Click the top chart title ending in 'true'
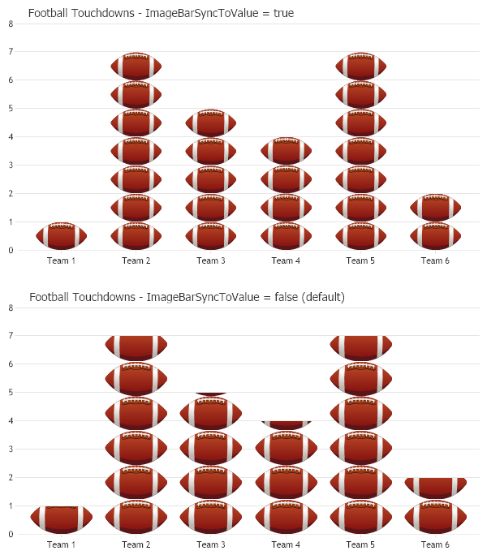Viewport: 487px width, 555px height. [161, 13]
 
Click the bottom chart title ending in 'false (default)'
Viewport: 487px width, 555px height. [187, 297]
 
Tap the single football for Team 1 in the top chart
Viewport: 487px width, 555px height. [62, 236]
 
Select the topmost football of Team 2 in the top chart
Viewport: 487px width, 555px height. [136, 67]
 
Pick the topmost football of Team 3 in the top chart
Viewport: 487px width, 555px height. [211, 123]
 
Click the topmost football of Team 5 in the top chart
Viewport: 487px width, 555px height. [360, 67]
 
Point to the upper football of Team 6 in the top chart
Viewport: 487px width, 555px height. [435, 208]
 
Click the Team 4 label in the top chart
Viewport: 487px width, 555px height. [286, 260]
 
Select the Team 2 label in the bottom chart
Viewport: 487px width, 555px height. [136, 544]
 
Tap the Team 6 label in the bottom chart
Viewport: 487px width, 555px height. [435, 544]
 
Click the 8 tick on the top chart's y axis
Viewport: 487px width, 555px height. [11, 24]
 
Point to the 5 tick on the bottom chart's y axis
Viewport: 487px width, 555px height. [11, 393]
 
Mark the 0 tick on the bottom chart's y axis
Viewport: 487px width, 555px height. [11, 534]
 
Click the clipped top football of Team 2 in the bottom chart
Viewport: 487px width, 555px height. [136, 347]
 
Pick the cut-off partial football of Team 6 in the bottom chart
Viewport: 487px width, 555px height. [435, 487]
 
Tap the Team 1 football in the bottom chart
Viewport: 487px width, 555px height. [62, 518]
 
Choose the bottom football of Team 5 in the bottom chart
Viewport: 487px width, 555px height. [360, 517]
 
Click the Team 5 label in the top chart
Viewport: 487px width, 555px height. [360, 260]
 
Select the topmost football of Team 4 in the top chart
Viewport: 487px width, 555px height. [286, 152]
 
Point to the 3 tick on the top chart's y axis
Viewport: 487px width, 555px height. [11, 166]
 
